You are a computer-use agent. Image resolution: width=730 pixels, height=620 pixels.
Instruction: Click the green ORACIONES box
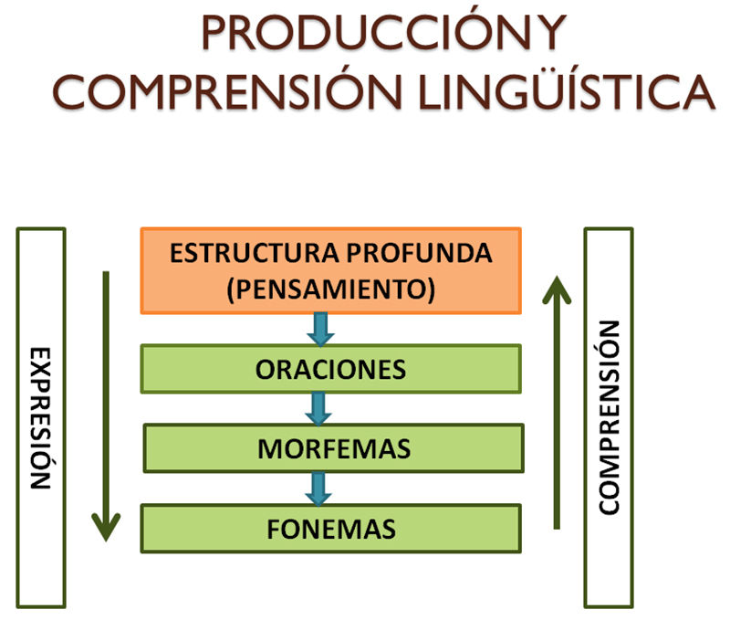click(330, 369)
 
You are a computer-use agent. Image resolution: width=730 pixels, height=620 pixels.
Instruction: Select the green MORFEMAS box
click(333, 448)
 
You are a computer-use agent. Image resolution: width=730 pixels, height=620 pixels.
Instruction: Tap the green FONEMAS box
click(330, 528)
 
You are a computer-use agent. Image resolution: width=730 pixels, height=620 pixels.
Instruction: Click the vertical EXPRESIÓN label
click(41, 417)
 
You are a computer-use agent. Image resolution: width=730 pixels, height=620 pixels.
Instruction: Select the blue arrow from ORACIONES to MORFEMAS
click(318, 408)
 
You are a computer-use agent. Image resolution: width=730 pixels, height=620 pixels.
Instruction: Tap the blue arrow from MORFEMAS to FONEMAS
click(318, 488)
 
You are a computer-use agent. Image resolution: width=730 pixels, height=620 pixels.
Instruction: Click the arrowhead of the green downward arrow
click(107, 528)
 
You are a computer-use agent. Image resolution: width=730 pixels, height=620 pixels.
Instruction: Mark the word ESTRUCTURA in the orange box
click(239, 253)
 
